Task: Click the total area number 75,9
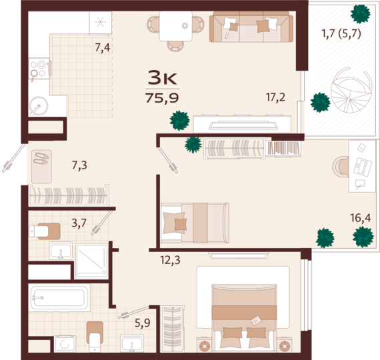pos(162,98)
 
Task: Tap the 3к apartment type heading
pos(163,77)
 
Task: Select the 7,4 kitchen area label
pos(103,47)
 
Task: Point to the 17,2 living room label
pos(275,97)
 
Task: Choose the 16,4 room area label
pos(361,218)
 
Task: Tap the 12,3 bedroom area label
pos(170,260)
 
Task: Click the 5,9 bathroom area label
pos(143,323)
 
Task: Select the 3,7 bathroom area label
pos(79,223)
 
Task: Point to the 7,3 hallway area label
pos(79,165)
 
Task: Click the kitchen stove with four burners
pos(39,69)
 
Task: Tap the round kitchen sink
pos(39,106)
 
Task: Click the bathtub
pos(59,297)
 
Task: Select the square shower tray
pos(92,261)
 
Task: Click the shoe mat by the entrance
pos(41,167)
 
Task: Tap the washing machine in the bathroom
pos(65,344)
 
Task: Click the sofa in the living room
pos(251,27)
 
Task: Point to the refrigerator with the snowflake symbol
pos(100,23)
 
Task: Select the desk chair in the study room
pos(341,166)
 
